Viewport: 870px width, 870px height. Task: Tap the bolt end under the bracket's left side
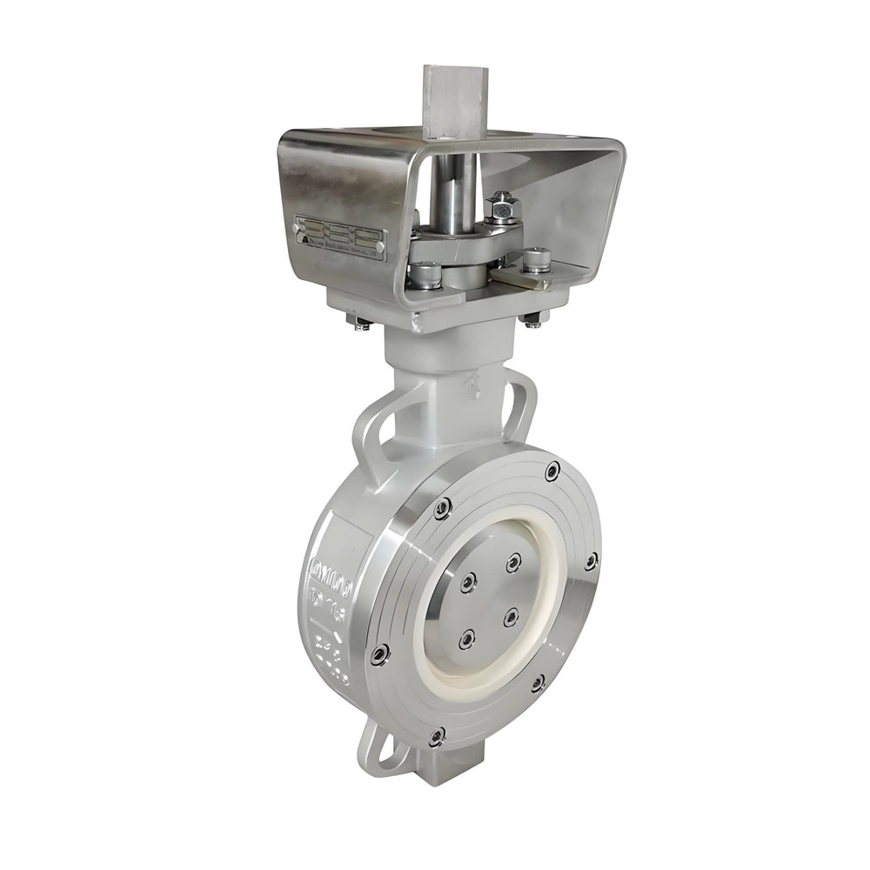coord(359,323)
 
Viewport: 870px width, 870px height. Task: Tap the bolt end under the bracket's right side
coord(533,321)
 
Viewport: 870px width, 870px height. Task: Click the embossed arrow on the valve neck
coord(475,387)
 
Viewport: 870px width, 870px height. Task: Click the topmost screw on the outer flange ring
coord(552,472)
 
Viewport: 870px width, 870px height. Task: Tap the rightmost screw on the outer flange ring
coord(591,561)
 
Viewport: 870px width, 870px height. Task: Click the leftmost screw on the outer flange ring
coord(378,654)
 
